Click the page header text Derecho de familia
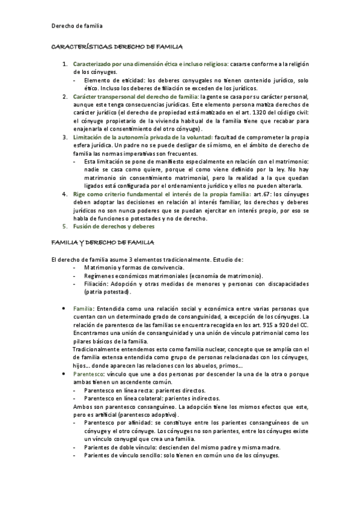coord(76,26)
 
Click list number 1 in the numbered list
coord(65,63)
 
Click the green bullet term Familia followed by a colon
coord(83,307)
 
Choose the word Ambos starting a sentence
coord(82,407)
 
